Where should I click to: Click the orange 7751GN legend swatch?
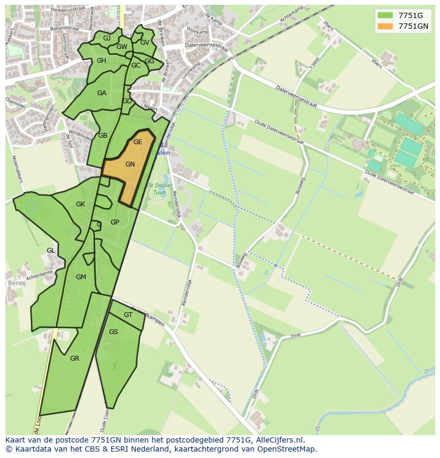(385, 26)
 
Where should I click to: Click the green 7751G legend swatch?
(385, 15)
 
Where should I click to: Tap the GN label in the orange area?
(130, 164)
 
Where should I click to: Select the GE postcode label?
(138, 142)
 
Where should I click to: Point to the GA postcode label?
(101, 93)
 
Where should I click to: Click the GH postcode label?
(101, 61)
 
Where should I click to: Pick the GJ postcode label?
(107, 38)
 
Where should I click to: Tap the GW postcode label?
(122, 47)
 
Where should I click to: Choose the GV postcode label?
(145, 43)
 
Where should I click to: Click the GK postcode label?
(80, 204)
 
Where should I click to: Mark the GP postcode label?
(115, 222)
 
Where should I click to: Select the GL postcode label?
(50, 251)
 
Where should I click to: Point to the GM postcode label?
(81, 277)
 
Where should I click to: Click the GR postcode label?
(74, 359)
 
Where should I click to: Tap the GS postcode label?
(113, 332)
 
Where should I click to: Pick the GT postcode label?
(128, 315)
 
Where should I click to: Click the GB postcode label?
(103, 136)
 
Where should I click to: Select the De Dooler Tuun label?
(160, 189)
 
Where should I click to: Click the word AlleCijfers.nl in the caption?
(278, 440)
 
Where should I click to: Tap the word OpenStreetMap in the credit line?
(287, 449)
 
